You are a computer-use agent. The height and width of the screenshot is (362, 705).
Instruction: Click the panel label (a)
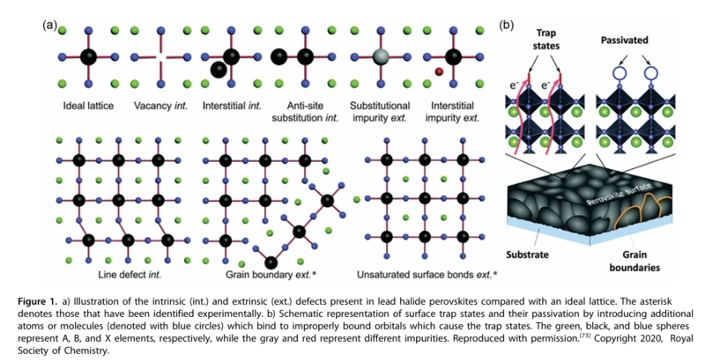[50, 24]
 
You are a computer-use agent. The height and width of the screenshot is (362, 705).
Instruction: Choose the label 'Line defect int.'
[121, 275]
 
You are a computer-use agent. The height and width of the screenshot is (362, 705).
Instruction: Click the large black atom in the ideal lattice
[88, 57]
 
